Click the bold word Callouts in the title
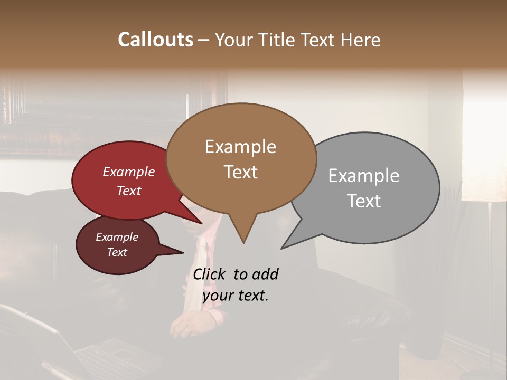point(155,40)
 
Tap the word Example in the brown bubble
point(240,147)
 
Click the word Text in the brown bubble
point(240,172)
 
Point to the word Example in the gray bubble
point(364,176)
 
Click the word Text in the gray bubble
point(364,201)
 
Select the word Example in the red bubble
point(129,172)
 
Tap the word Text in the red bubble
point(129,191)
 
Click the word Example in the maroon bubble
point(117,237)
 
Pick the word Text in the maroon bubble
point(117,252)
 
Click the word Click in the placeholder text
point(210,274)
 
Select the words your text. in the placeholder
point(235,296)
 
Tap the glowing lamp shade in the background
point(483,158)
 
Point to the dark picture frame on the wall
point(106,116)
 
